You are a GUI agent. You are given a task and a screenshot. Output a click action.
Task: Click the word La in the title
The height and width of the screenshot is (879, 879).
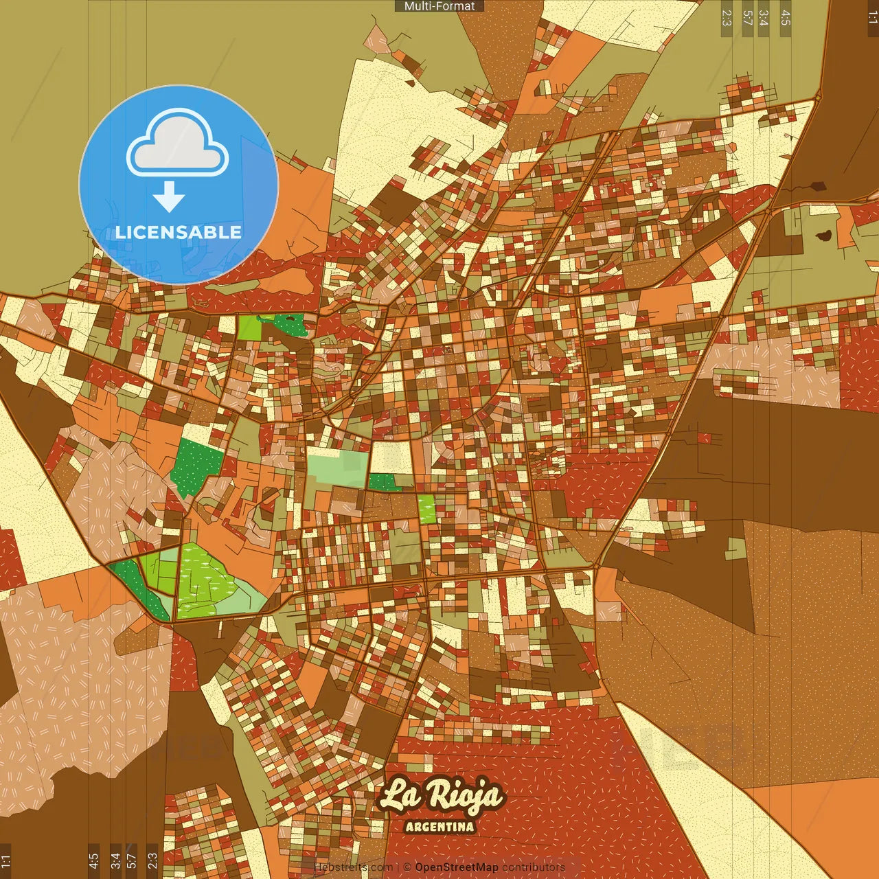[x=399, y=796]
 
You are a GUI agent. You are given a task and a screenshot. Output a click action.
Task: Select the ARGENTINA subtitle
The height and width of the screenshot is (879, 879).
[x=439, y=827]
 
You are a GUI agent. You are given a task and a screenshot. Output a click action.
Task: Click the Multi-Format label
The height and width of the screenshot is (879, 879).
[x=439, y=6]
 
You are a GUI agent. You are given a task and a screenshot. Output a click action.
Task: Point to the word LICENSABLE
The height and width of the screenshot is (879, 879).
[x=179, y=232]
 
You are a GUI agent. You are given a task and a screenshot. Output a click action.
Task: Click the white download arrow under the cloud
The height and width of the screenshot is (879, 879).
[x=169, y=196]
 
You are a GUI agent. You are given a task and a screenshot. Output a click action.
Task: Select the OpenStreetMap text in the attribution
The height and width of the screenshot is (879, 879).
[x=456, y=867]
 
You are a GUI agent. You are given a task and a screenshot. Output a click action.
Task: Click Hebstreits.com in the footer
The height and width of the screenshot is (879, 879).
[x=353, y=867]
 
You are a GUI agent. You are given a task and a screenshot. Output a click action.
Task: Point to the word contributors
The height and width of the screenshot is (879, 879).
[x=534, y=867]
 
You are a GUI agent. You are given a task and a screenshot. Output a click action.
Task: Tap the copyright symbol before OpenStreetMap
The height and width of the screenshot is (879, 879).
[x=407, y=867]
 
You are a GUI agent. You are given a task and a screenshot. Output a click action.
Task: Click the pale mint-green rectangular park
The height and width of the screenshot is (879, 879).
[x=336, y=467]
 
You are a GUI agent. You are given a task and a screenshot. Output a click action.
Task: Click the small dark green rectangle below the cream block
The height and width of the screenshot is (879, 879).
[x=384, y=482]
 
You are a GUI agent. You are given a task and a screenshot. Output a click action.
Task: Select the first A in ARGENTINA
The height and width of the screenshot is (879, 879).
[x=410, y=827]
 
